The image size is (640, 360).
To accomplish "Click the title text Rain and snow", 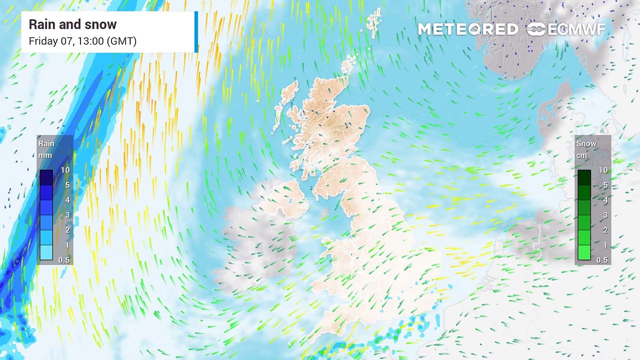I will [72, 24].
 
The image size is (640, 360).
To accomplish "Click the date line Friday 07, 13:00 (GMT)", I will [82, 41].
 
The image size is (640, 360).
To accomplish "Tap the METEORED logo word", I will [467, 29].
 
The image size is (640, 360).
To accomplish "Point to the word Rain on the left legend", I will [46, 143].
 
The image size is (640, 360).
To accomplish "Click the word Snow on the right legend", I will [586, 143].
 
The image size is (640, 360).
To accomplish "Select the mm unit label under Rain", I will [45, 155].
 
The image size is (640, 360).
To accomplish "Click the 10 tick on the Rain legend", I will [65, 170].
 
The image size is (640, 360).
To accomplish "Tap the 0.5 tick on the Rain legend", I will [64, 260].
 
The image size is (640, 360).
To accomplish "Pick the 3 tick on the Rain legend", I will [66, 215].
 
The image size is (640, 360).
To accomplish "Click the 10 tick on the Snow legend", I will [603, 170].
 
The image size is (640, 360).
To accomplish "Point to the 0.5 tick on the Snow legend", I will [602, 260].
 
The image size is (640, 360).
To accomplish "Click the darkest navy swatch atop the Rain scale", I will [46, 177].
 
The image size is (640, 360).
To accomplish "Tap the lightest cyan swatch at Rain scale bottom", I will [46, 252].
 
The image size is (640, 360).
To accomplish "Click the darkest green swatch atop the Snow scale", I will [584, 177].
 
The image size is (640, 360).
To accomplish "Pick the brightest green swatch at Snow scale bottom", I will [584, 252].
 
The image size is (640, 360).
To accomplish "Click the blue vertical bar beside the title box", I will [196, 31].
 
